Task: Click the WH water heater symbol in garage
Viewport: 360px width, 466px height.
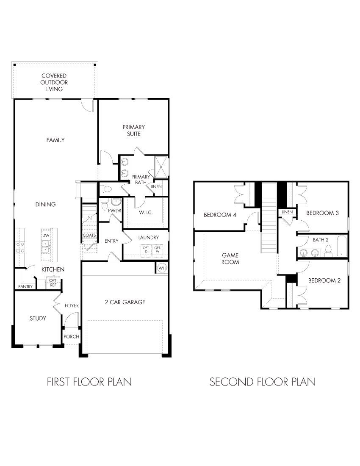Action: (162, 268)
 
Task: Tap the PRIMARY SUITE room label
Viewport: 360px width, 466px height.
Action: (134, 130)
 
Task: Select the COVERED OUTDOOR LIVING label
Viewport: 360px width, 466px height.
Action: (54, 83)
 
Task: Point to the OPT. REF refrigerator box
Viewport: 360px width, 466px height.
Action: (53, 283)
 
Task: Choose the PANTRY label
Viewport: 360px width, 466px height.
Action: (25, 287)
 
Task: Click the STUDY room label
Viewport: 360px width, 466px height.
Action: (38, 318)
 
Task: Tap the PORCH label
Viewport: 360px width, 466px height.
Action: (71, 336)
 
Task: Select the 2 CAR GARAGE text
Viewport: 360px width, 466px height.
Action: (125, 302)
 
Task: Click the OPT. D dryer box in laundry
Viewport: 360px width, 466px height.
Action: (146, 250)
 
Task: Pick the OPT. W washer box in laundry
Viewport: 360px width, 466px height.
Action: (158, 250)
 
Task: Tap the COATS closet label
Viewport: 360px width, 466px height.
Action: (89, 235)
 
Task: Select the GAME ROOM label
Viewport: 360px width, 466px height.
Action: (231, 258)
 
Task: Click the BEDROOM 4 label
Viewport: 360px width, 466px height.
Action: (220, 214)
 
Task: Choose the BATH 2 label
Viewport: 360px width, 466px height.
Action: (321, 240)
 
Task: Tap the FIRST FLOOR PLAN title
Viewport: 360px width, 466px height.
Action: (89, 382)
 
